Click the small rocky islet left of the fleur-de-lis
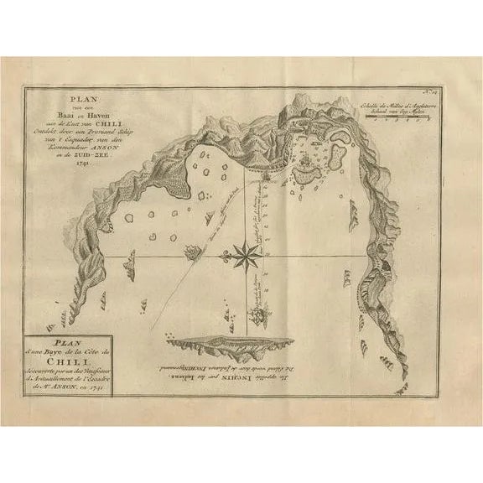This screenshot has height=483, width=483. pyautogui.click(x=191, y=250)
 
